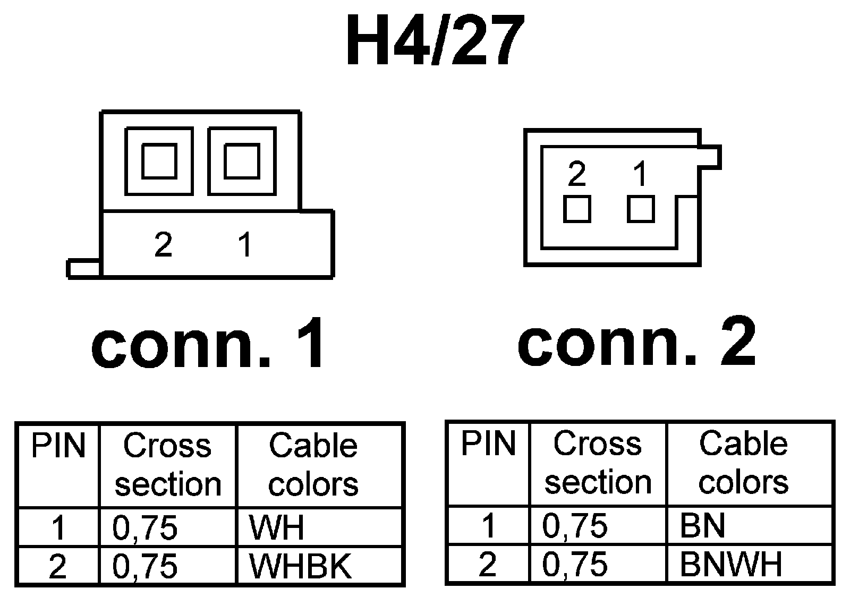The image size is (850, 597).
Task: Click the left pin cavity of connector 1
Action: pyautogui.click(x=159, y=161)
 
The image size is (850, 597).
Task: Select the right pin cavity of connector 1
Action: pyautogui.click(x=242, y=161)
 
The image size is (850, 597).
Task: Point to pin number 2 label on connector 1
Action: pyautogui.click(x=163, y=245)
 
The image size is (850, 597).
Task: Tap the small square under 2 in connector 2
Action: pyautogui.click(x=577, y=209)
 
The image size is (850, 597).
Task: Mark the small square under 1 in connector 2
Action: pyautogui.click(x=641, y=209)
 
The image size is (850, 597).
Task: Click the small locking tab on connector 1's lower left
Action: pyautogui.click(x=83, y=269)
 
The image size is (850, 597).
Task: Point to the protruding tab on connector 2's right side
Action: pyautogui.click(x=711, y=157)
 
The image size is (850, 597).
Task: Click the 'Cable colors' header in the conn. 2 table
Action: pyautogui.click(x=743, y=463)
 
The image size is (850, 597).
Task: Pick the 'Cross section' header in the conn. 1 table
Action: pyautogui.click(x=168, y=465)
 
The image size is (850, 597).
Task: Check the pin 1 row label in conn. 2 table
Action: pyautogui.click(x=488, y=525)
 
